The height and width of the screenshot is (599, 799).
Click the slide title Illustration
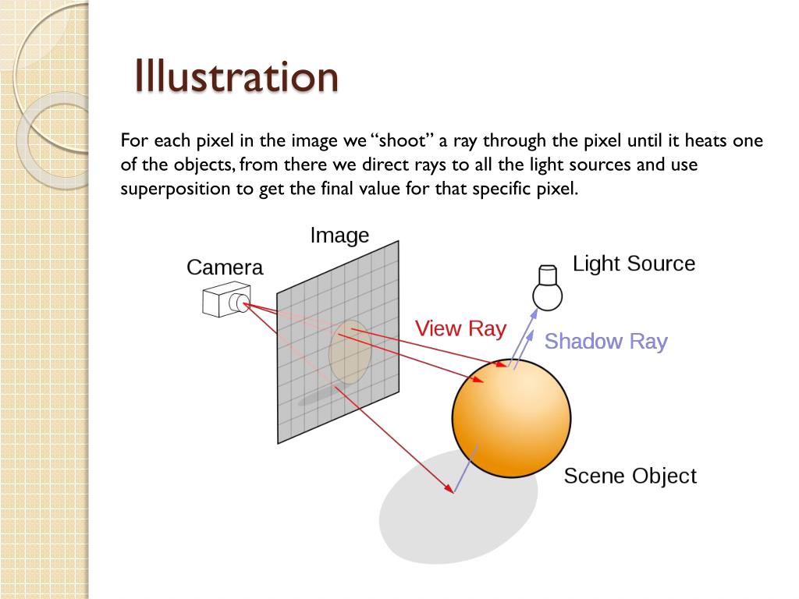click(236, 76)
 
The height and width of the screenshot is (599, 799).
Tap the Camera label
click(225, 268)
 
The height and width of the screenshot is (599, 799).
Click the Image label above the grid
click(339, 235)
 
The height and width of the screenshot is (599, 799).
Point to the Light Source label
click(634, 264)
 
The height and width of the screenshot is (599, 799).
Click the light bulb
click(548, 289)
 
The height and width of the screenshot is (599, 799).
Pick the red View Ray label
click(460, 328)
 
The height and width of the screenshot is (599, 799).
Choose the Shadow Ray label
click(605, 342)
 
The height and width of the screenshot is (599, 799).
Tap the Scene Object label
click(630, 476)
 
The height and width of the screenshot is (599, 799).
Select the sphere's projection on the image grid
click(349, 353)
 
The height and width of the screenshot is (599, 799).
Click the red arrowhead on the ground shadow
click(450, 490)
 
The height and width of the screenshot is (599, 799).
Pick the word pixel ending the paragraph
click(559, 189)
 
